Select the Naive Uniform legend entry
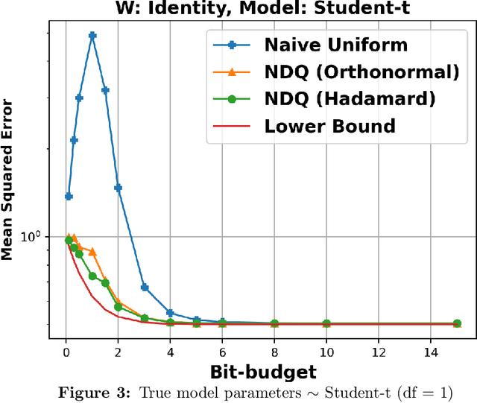point(335,45)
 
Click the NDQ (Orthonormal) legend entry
point(361,72)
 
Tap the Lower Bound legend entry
point(329,125)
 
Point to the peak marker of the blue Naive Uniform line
point(92,35)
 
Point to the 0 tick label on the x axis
point(66,352)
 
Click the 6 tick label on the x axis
point(222,352)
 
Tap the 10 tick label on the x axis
point(326,352)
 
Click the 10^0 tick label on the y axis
point(34,237)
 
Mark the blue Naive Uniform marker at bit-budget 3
point(145,287)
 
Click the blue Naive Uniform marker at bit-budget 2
point(118,188)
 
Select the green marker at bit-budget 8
point(274,324)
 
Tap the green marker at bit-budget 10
point(326,324)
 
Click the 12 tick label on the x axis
point(379,352)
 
